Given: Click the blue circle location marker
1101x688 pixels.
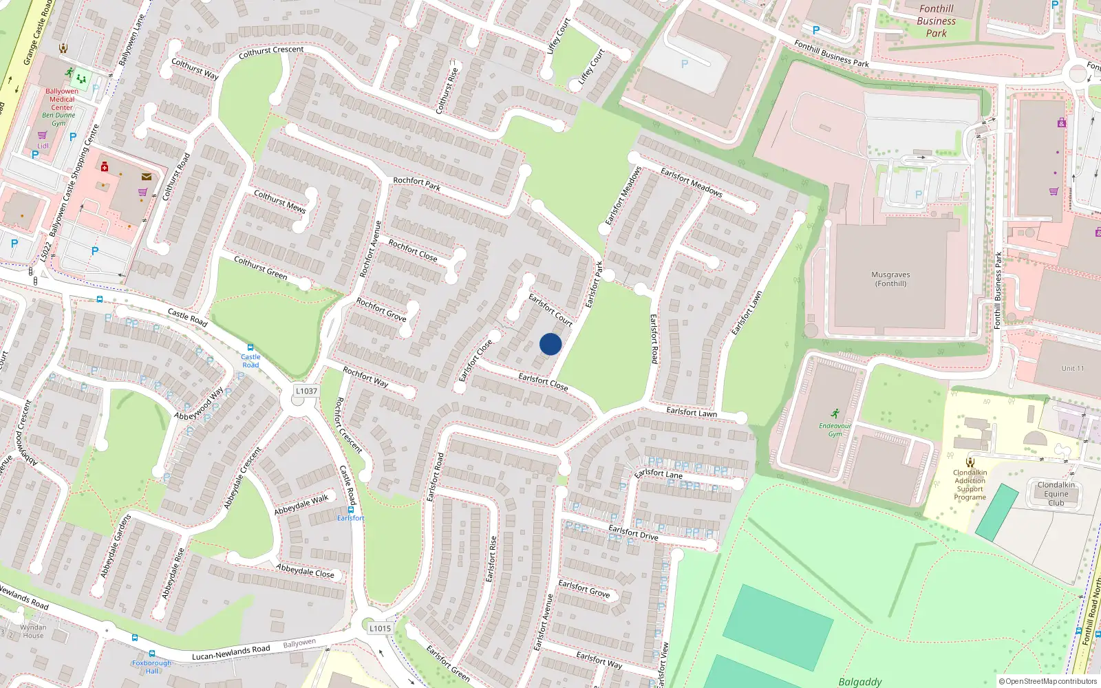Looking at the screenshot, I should point(550,344).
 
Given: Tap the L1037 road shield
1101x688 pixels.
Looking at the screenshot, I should point(306,391).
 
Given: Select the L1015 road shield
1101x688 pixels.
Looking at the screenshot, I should point(380,628).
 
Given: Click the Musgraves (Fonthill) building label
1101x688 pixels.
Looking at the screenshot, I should point(890,279).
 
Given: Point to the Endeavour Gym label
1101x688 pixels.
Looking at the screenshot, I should point(835,430).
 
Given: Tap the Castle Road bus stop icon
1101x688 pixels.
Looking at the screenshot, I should point(250,347).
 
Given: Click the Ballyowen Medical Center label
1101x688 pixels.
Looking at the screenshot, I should point(62,99).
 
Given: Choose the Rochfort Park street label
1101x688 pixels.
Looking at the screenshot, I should point(416,183).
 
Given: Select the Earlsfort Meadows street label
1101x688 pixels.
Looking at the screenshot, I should point(691,182).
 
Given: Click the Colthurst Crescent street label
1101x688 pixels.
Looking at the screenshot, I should point(270,51).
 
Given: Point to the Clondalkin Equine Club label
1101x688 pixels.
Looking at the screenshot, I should point(1056,493).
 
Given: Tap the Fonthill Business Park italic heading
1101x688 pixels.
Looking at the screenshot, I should point(936,21).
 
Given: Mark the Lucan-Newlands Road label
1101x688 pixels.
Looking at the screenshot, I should point(231,652).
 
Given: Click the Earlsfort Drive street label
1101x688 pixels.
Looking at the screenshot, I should point(633,532).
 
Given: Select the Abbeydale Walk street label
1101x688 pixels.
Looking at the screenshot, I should point(301,505).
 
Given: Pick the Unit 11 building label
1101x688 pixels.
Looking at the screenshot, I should point(1072,368).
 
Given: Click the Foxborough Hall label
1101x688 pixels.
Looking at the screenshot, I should point(152,667).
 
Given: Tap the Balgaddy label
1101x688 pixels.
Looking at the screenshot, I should point(859,681).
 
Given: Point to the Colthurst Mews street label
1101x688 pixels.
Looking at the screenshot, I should point(279,200).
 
